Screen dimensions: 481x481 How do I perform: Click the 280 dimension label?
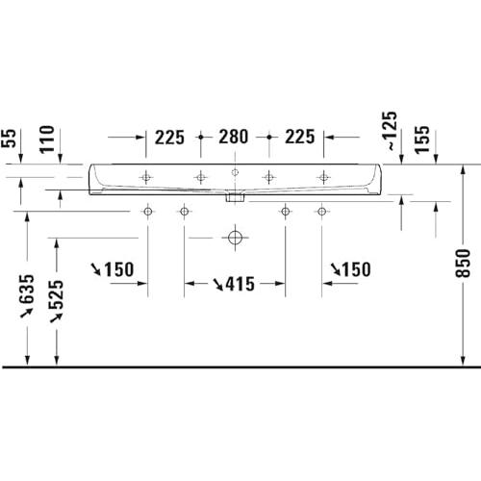pos(234,137)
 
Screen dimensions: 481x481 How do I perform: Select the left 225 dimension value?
pos(169,138)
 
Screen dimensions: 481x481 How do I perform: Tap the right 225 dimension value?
pos(300,137)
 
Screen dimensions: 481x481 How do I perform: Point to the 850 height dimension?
pos(463,263)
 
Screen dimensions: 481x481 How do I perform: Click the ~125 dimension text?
pos(390,131)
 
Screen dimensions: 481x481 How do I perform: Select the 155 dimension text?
pos(421,139)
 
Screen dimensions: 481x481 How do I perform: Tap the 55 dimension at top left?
pos(9,139)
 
